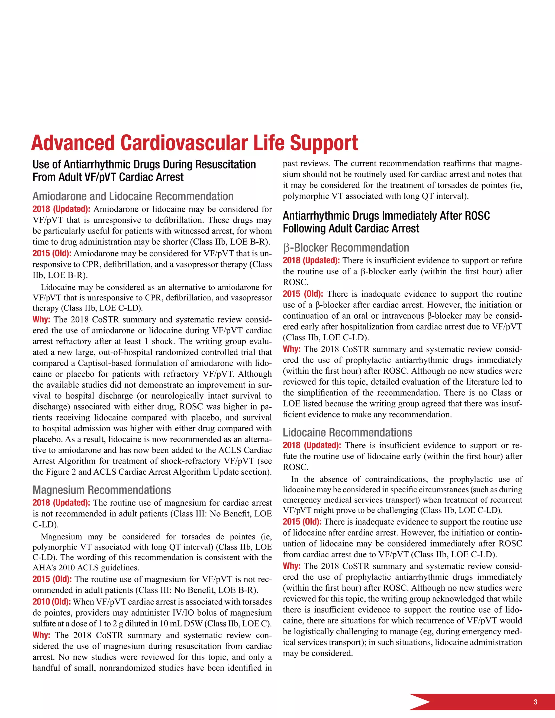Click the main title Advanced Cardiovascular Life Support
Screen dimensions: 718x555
coord(194,143)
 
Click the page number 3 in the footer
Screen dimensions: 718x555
coord(535,702)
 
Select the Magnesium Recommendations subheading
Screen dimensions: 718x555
coord(102,490)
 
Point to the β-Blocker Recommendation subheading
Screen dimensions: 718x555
coord(346,248)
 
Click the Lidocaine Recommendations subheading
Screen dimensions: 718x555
coord(347,432)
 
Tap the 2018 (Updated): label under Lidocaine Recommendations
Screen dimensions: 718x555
coord(312,445)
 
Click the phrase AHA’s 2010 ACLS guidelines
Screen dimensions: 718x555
coord(86,567)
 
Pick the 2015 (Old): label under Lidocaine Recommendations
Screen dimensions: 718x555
coord(302,522)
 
